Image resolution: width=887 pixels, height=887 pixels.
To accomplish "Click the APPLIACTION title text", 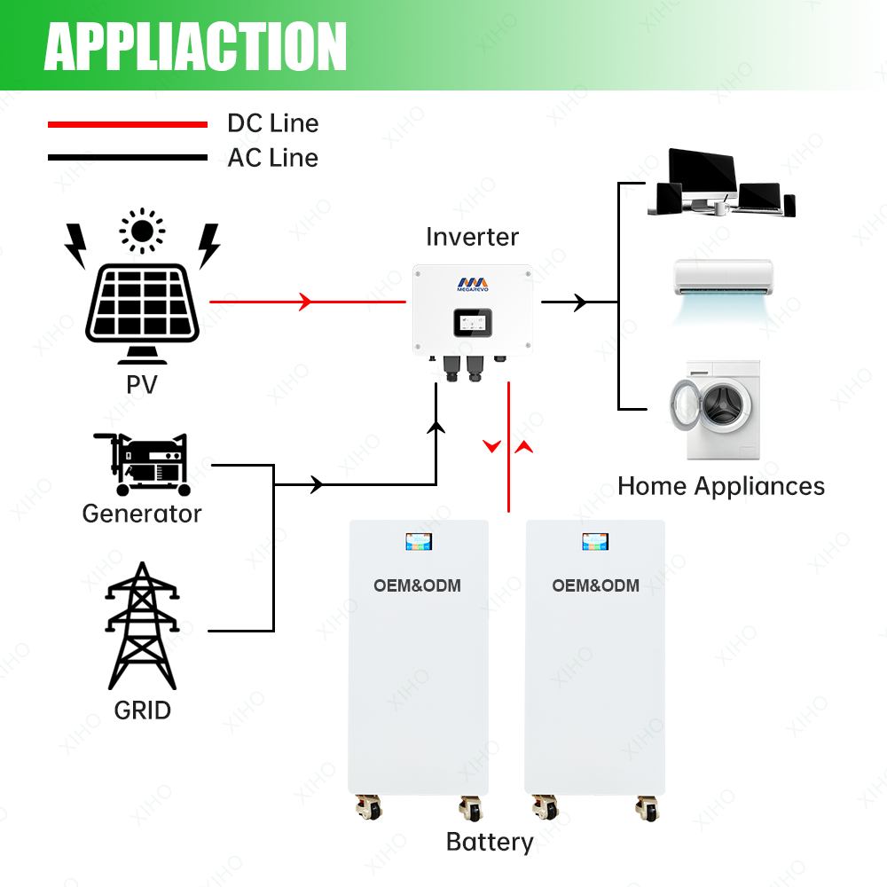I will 195,45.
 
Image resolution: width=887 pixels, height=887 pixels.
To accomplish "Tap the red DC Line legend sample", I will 127,125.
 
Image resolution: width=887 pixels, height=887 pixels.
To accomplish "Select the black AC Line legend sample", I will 127,159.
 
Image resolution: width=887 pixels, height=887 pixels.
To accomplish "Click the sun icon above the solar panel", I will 142,232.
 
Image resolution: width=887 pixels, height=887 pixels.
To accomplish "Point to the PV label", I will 142,386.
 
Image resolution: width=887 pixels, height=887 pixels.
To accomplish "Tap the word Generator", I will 142,514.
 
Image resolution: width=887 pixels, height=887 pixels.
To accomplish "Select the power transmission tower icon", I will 143,626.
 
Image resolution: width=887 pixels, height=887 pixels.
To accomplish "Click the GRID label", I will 143,710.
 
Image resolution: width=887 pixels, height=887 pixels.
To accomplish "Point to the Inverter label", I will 472,237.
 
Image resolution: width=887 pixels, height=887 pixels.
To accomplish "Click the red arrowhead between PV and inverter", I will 306,302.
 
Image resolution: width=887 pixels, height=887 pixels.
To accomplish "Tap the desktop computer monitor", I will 701,173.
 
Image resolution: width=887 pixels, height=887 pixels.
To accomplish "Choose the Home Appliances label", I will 720,486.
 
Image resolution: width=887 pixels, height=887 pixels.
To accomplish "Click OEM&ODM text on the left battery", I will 418,585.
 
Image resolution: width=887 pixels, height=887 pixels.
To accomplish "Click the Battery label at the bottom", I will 490,842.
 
